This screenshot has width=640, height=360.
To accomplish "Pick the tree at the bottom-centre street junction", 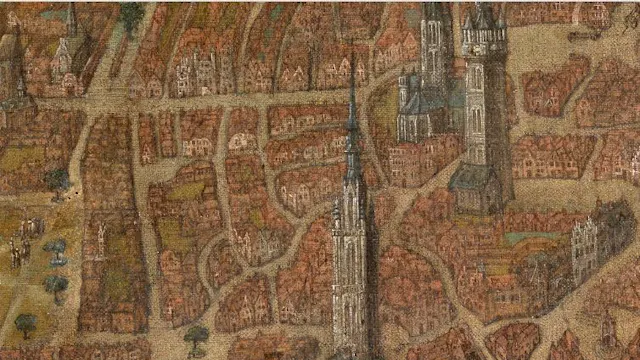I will [197, 336].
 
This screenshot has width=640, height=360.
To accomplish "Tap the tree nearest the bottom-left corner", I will [26, 323].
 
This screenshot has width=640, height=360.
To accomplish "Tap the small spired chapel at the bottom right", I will [607, 330].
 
